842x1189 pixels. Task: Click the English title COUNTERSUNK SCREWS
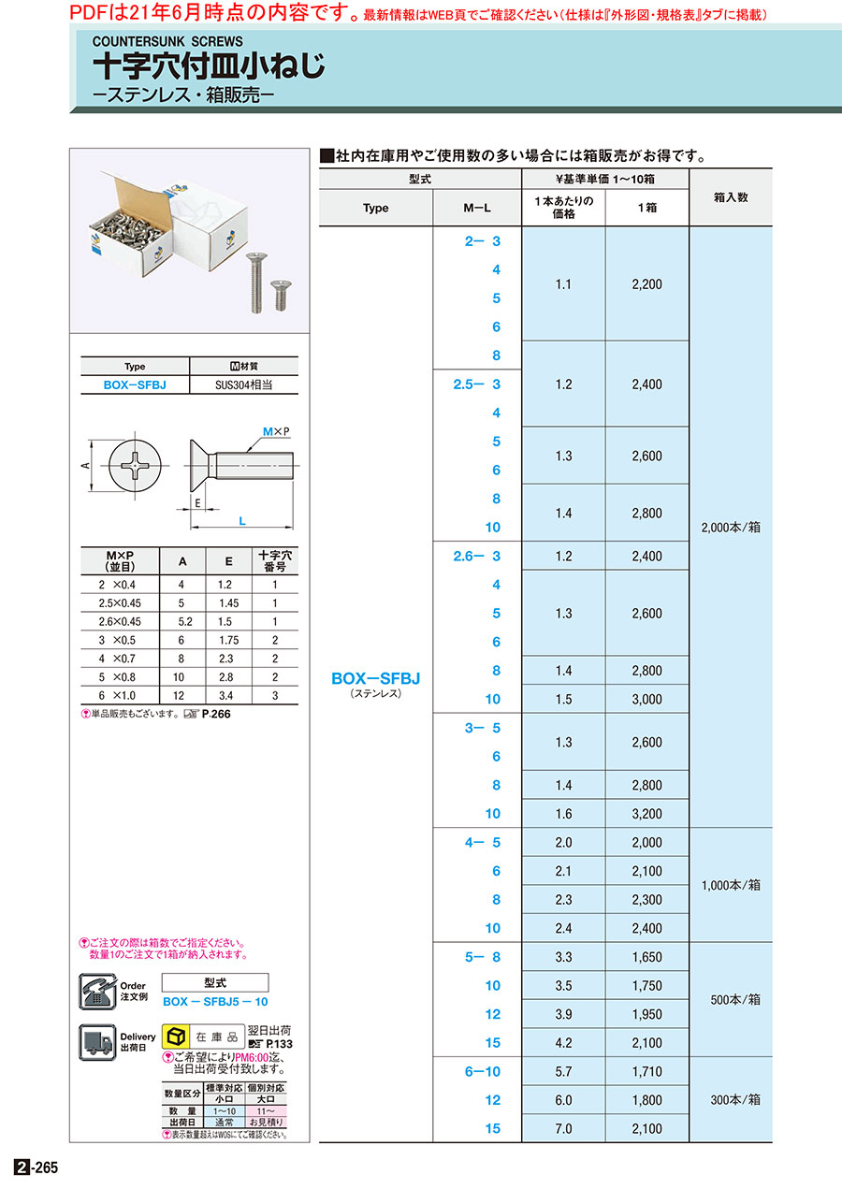point(167,41)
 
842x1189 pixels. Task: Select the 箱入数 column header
point(731,197)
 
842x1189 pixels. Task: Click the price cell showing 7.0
point(563,1128)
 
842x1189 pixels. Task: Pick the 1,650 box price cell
point(646,957)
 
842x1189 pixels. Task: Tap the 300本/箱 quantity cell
point(731,1100)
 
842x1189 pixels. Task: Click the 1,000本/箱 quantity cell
point(731,885)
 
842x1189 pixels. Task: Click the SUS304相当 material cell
point(243,384)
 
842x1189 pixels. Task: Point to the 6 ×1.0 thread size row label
point(120,695)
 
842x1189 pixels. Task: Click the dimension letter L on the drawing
point(242,521)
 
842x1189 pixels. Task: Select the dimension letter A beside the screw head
point(85,464)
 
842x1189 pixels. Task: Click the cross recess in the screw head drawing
point(136,464)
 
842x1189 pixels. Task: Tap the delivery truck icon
point(98,1042)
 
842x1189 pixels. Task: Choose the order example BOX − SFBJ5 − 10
point(215,1001)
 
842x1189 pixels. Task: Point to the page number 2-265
point(36,1168)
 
